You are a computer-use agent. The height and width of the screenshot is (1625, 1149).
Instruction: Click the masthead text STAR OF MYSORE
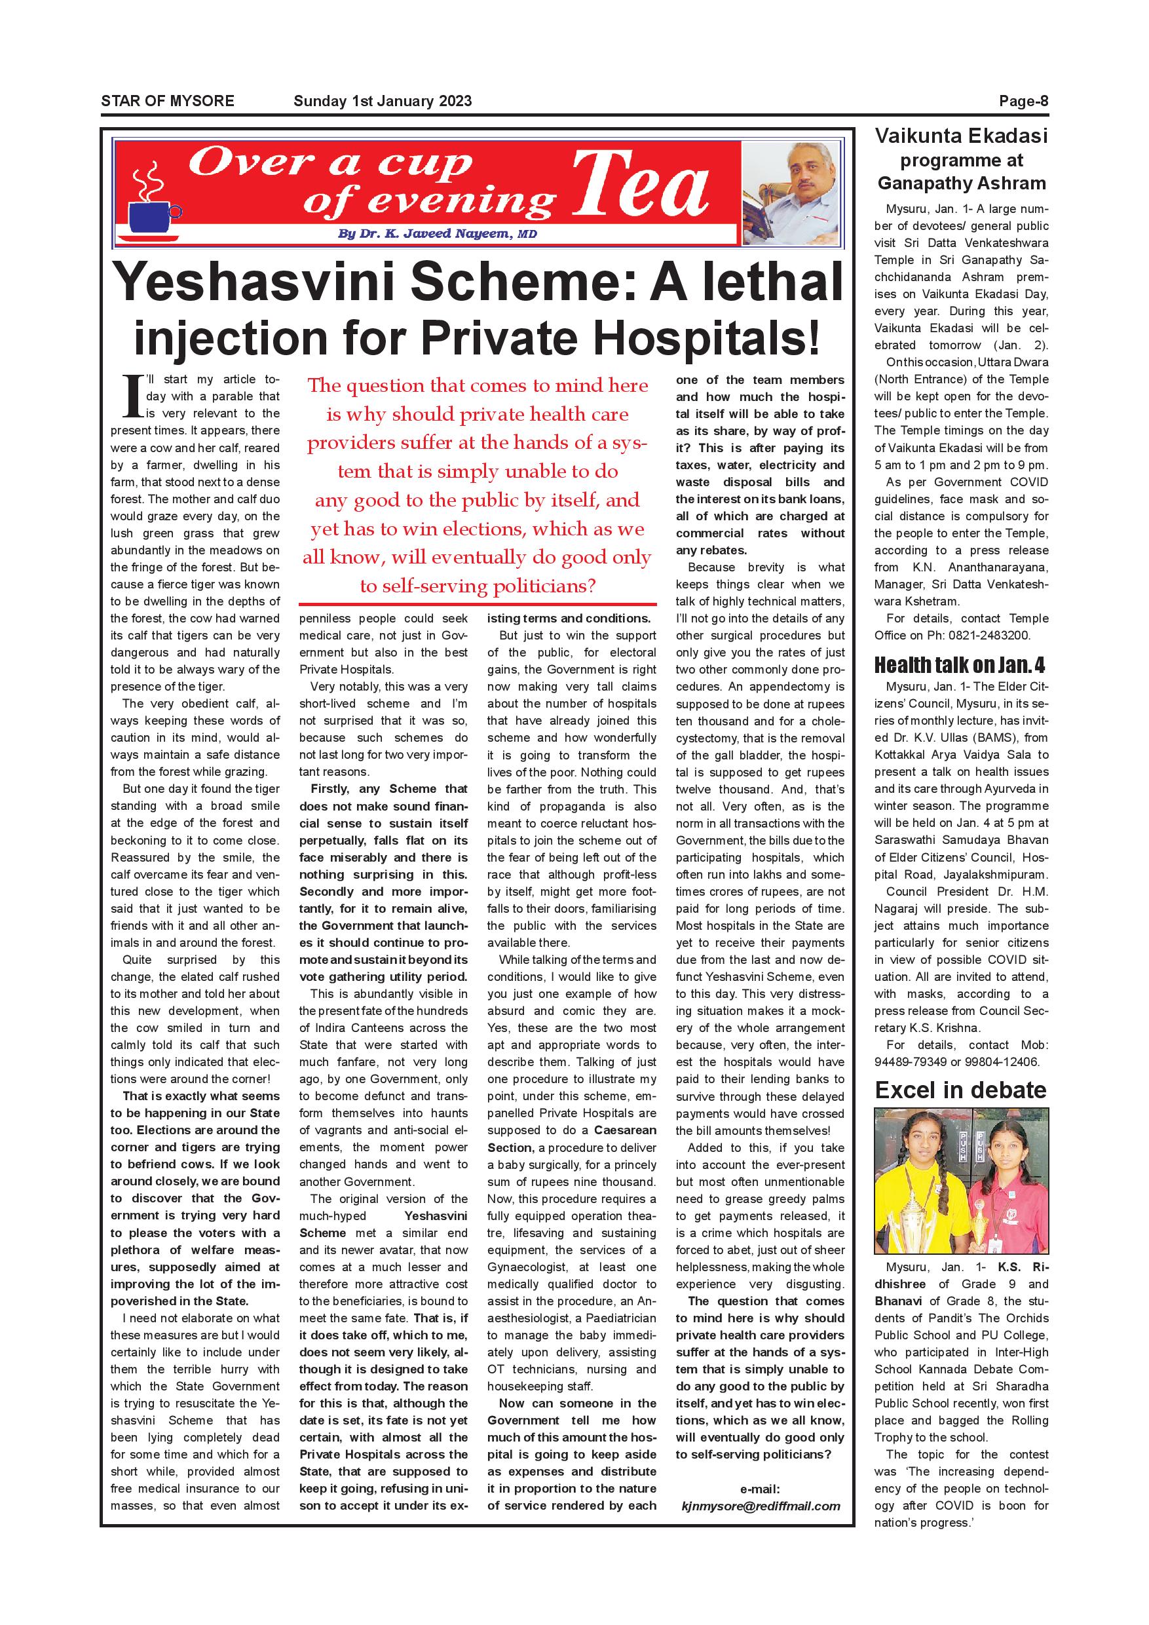click(168, 101)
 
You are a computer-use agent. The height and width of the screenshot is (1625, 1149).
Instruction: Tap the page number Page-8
click(1023, 101)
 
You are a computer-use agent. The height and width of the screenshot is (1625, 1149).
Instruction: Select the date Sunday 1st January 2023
click(382, 101)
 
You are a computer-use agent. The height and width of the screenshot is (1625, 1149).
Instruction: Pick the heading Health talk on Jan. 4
click(960, 665)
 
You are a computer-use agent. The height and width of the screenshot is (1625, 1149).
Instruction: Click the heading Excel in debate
click(960, 1090)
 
